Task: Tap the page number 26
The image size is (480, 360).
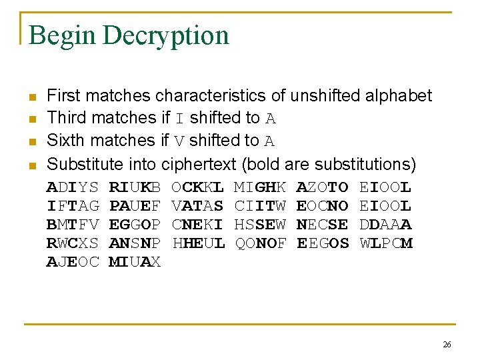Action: click(x=447, y=344)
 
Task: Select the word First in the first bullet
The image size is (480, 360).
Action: click(x=65, y=96)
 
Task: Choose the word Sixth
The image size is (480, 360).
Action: click(x=67, y=141)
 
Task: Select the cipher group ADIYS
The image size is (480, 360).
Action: click(x=72, y=187)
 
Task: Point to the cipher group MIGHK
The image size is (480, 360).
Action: click(x=261, y=187)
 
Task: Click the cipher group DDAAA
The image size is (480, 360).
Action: click(x=386, y=225)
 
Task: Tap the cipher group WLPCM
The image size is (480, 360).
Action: click(x=386, y=243)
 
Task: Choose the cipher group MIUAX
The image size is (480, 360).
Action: click(x=135, y=262)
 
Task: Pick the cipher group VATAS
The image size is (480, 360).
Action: click(x=197, y=206)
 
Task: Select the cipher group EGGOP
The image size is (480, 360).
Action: click(x=135, y=225)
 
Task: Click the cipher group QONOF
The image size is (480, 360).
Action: click(x=261, y=243)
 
